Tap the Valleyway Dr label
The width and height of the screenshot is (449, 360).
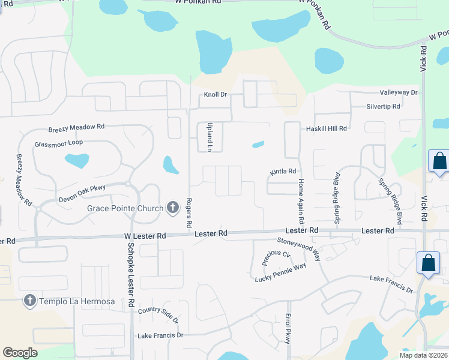click(x=398, y=92)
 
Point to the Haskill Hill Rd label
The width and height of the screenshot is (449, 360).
click(x=327, y=128)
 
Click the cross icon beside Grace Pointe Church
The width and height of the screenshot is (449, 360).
click(x=172, y=208)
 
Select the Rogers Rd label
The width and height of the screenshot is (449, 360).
click(x=189, y=212)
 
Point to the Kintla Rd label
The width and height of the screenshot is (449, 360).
click(x=283, y=172)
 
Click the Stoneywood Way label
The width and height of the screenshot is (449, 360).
click(x=298, y=249)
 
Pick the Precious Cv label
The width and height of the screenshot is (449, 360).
click(x=277, y=257)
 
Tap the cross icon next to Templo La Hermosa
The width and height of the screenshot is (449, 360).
click(x=29, y=300)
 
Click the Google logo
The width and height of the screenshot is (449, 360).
click(x=20, y=353)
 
